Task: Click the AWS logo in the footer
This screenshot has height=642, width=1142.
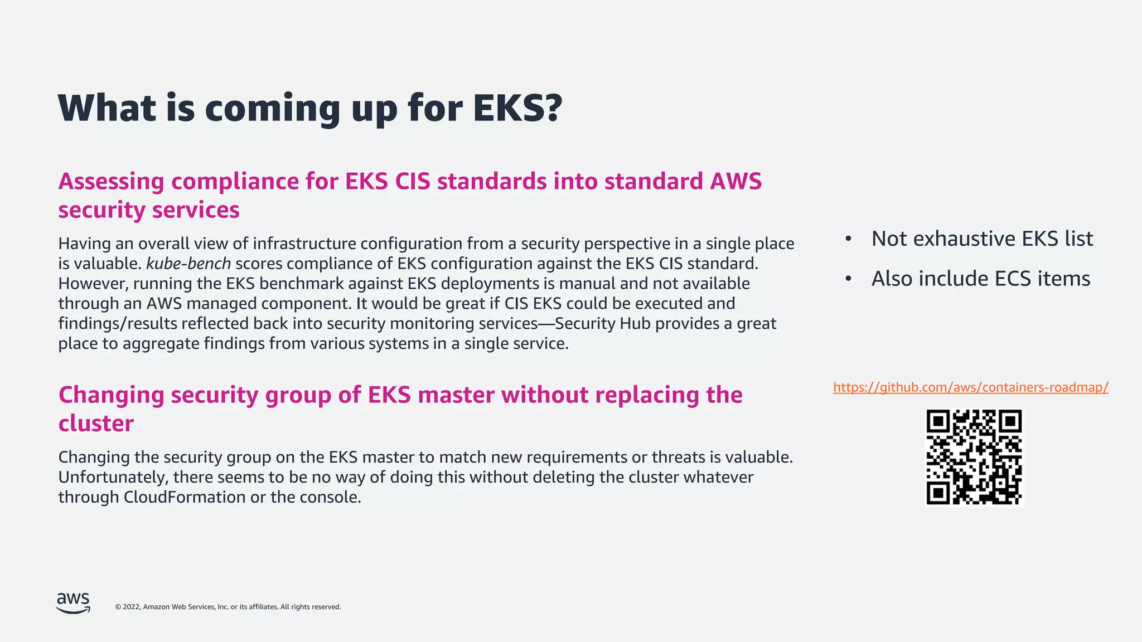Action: pyautogui.click(x=73, y=603)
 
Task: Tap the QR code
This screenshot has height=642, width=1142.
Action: pyautogui.click(x=974, y=457)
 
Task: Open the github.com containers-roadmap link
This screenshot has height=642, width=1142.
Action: pyautogui.click(x=970, y=387)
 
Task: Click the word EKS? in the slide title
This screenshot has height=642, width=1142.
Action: pyautogui.click(x=517, y=108)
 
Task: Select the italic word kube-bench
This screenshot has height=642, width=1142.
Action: pyautogui.click(x=188, y=264)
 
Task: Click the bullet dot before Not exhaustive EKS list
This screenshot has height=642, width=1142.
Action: pyautogui.click(x=848, y=239)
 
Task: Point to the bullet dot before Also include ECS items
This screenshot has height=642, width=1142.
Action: pyautogui.click(x=848, y=279)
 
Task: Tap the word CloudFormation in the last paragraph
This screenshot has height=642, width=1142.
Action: pyautogui.click(x=185, y=497)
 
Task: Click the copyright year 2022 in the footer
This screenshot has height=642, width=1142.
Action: pyautogui.click(x=132, y=607)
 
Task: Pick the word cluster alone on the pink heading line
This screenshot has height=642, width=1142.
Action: pyautogui.click(x=96, y=424)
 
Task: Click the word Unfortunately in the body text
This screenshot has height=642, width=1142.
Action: pyautogui.click(x=113, y=478)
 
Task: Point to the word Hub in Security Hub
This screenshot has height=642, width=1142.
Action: pyautogui.click(x=637, y=324)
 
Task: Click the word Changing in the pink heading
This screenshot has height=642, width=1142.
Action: pyautogui.click(x=111, y=395)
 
